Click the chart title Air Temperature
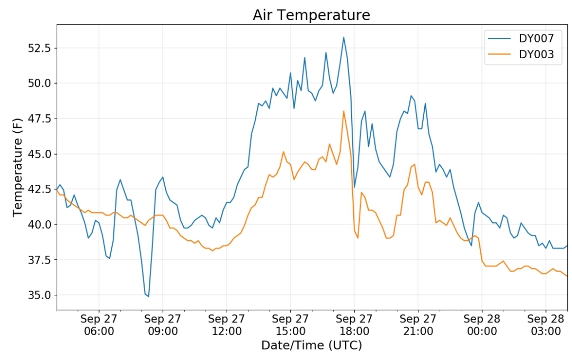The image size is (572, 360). pos(311,15)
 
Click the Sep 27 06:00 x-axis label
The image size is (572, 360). pos(99,325)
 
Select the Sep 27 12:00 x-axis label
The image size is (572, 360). pos(227,325)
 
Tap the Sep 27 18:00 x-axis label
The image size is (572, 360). pos(354,325)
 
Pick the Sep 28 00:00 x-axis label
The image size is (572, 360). pos(482,325)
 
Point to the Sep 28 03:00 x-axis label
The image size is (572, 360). pos(546,325)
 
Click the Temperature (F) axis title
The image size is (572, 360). pos(17,167)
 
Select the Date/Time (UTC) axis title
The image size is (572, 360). pos(311,345)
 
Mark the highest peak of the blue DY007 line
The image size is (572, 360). pos(343,37)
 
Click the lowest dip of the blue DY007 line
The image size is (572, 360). pos(148,296)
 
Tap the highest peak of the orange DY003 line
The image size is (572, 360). pos(344,111)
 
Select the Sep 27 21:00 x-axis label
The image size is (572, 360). pos(418,325)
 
